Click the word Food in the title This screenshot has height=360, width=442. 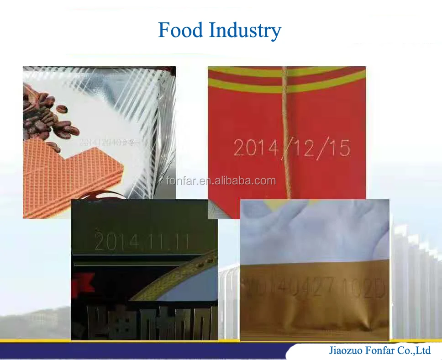[180, 31]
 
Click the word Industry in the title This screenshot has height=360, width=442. [245, 31]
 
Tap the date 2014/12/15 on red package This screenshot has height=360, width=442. [292, 148]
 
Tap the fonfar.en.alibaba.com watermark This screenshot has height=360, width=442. [221, 180]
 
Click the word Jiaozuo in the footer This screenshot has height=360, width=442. [345, 350]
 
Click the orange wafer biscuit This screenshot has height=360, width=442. [59, 178]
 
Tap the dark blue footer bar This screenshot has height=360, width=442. [137, 350]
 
